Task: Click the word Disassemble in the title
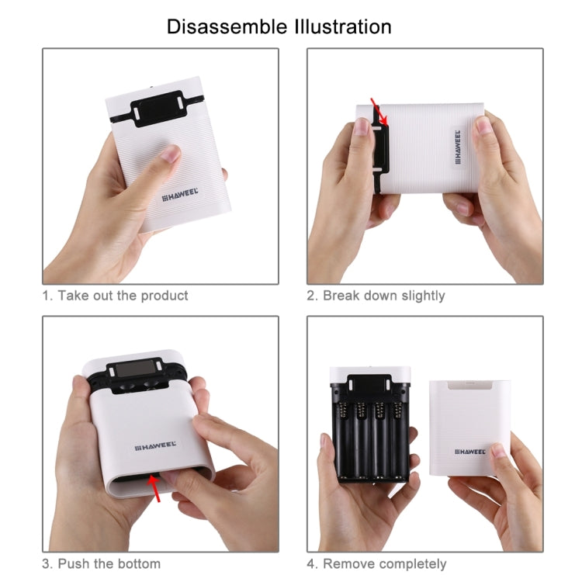pos(225,26)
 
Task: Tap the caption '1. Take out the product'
pos(115,296)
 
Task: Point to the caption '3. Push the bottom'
pos(101,563)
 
